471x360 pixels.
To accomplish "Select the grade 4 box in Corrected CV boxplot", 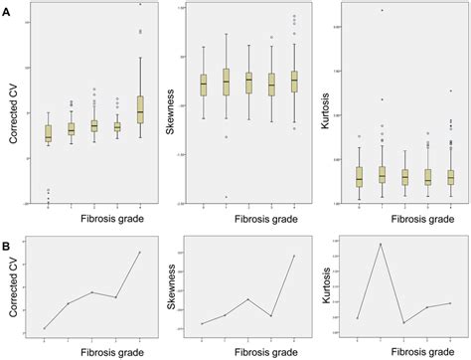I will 140,109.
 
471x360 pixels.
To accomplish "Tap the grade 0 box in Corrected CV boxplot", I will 47,132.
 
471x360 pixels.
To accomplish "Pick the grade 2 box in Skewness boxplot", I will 248,83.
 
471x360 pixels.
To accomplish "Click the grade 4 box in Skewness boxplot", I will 294,82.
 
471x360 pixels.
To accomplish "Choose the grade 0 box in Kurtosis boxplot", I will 359,177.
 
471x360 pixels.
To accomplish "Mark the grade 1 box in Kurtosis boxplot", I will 382,174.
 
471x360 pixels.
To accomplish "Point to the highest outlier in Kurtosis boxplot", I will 382,11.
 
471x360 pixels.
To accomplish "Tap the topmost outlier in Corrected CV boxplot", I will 140,5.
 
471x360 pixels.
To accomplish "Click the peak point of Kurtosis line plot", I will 381,244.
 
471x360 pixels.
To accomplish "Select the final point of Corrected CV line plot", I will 140,252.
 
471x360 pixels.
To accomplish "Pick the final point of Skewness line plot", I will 294,256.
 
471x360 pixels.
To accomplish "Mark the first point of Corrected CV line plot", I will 46,328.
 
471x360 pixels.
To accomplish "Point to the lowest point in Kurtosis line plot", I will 403,323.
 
